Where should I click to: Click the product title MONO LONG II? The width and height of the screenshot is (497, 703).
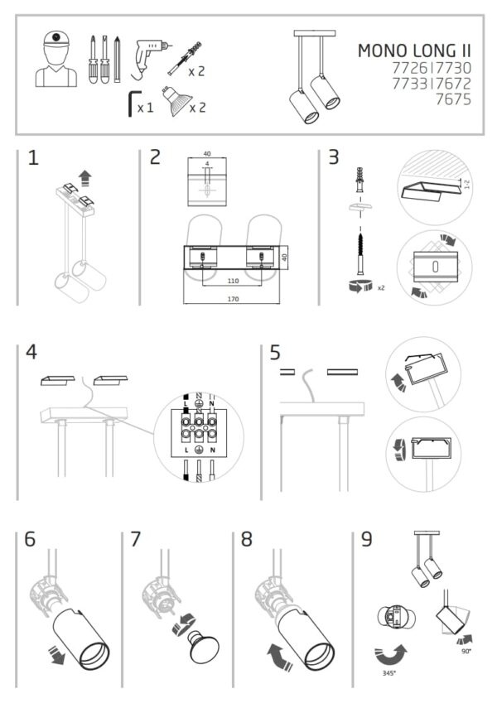pos(414,51)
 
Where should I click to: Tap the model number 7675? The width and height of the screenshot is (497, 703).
pos(453,99)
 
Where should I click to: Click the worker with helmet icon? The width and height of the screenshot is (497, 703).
pos(56,59)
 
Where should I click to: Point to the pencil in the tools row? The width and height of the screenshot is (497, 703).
pos(117,60)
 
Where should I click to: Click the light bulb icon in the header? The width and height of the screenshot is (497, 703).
pos(177,100)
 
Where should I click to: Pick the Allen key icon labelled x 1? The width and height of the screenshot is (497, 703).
pos(133,104)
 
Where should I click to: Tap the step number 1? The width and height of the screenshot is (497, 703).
pos(33,158)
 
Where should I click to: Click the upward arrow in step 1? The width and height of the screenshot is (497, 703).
pos(84,178)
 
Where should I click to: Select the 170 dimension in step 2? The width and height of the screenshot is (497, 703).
pos(233,299)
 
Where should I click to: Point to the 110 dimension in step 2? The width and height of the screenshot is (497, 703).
pos(233,281)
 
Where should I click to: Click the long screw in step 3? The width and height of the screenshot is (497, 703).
pos(360,253)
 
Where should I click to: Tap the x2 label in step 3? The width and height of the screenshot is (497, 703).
pos(381,288)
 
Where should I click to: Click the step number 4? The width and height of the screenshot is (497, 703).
pos(31,353)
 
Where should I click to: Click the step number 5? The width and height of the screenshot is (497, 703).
pos(275,353)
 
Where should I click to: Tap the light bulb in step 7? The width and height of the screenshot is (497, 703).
pos(203,647)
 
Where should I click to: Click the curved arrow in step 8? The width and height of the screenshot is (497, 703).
pos(280,657)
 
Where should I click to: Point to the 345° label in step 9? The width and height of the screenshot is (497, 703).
pos(388,673)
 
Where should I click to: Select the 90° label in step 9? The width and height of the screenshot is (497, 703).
pos(466,651)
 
